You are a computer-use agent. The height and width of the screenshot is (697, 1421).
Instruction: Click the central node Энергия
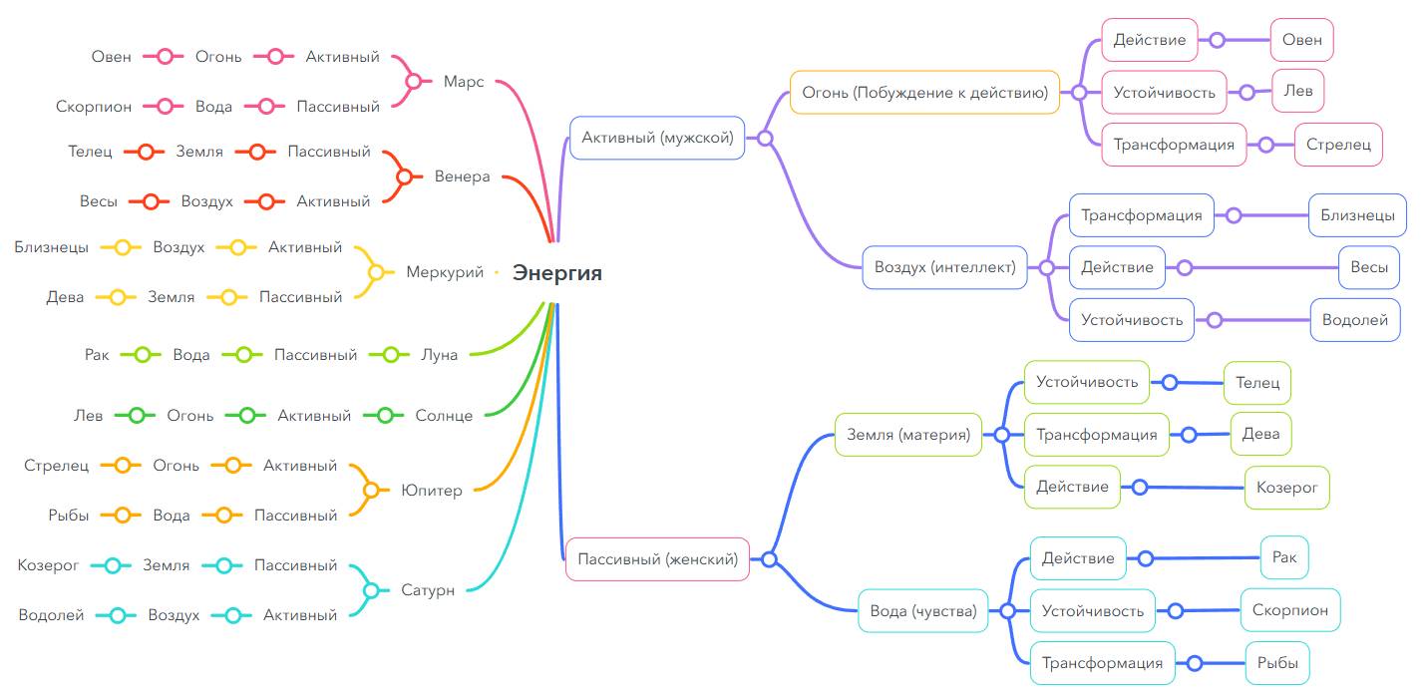(x=557, y=272)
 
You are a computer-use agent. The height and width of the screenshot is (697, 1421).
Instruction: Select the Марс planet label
(x=464, y=82)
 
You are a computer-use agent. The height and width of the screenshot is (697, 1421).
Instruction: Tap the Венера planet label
(x=462, y=176)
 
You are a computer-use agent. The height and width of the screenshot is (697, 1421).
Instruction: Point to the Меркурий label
(x=445, y=272)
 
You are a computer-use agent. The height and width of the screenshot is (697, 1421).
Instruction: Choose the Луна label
(x=439, y=354)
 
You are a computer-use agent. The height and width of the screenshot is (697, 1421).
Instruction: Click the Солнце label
(x=444, y=416)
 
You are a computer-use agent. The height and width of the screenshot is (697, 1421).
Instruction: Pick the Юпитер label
(x=432, y=491)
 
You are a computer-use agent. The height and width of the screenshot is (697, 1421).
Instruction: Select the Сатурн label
(x=428, y=590)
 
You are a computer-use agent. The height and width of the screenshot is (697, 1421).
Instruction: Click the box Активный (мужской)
(x=657, y=138)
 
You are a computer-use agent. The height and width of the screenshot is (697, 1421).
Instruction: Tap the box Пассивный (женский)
(x=657, y=559)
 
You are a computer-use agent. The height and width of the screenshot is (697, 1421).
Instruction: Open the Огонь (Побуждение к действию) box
(x=924, y=93)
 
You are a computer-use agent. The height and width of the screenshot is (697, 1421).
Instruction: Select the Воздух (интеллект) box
(x=944, y=267)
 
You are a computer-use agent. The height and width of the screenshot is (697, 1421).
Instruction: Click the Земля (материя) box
(x=908, y=435)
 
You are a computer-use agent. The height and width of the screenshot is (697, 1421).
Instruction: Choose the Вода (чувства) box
(x=923, y=611)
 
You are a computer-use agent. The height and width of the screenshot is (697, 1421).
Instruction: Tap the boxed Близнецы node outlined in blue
(x=1357, y=215)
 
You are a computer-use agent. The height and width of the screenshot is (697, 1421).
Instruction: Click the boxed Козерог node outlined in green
(x=1286, y=488)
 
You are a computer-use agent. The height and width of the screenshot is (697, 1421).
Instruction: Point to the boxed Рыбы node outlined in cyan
(x=1277, y=663)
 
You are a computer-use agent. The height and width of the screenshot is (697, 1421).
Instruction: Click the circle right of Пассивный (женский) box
(x=769, y=559)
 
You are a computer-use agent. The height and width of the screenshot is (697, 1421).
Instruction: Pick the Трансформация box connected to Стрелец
(x=1174, y=145)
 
